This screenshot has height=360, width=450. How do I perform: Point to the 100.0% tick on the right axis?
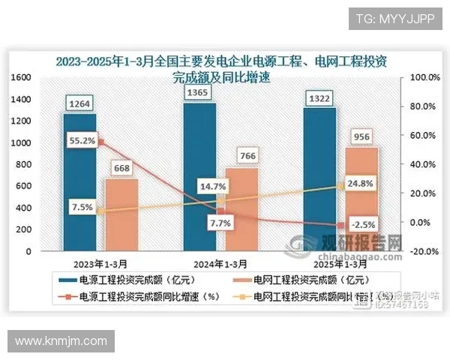click(x=423, y=77)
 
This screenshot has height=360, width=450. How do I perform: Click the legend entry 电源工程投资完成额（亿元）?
click(x=125, y=280)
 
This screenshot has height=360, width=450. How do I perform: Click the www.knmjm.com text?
click(x=61, y=341)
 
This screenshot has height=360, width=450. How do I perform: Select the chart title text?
click(x=225, y=67)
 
